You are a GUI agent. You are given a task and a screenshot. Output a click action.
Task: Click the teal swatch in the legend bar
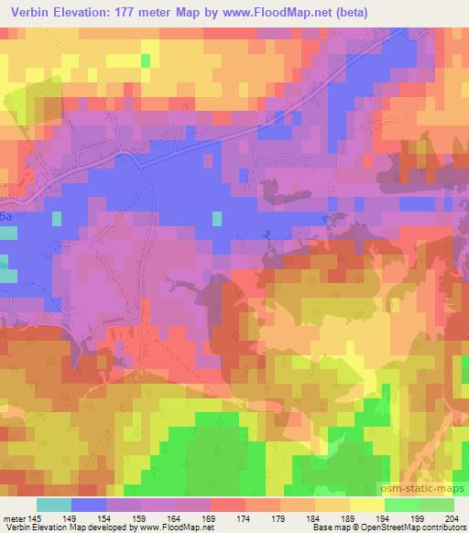[54, 505]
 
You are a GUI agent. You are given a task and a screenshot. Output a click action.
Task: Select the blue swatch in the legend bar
[89, 505]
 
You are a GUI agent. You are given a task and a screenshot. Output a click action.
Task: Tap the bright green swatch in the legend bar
[401, 505]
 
